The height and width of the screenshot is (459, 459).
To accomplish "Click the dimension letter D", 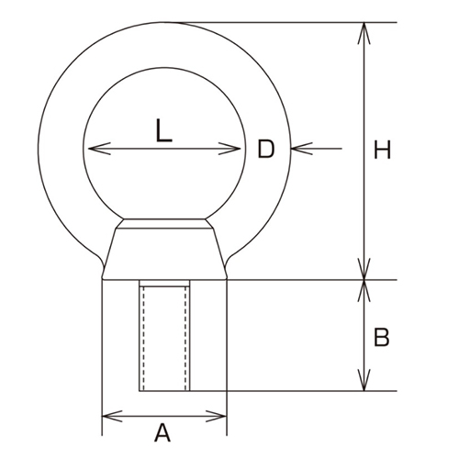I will click(266, 148).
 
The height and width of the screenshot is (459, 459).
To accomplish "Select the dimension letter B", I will click(383, 338).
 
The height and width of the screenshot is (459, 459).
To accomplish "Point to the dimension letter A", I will click(162, 431).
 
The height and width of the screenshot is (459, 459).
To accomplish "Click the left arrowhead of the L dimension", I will click(89, 148).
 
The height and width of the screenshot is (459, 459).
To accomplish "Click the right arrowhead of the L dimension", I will click(239, 148).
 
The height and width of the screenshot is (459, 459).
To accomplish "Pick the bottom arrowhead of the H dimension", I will click(365, 274).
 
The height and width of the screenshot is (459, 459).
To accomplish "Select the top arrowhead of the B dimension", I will click(365, 286).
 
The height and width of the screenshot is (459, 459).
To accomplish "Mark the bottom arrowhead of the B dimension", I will click(365, 386).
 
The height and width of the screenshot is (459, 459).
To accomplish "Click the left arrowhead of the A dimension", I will click(106, 416).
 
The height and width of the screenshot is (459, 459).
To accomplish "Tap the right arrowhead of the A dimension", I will click(221, 416).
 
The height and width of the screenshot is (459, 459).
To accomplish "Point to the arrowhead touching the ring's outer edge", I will click(294, 147).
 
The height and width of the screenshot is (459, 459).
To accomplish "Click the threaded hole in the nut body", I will click(164, 337).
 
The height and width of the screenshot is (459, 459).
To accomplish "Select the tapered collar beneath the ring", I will click(164, 248).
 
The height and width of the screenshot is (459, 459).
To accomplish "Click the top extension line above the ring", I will click(275, 22).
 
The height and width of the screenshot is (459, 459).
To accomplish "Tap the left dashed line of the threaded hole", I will click(140, 337).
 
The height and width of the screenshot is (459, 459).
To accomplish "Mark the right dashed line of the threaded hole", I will click(188, 337).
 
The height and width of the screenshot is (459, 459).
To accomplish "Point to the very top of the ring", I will click(164, 23).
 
